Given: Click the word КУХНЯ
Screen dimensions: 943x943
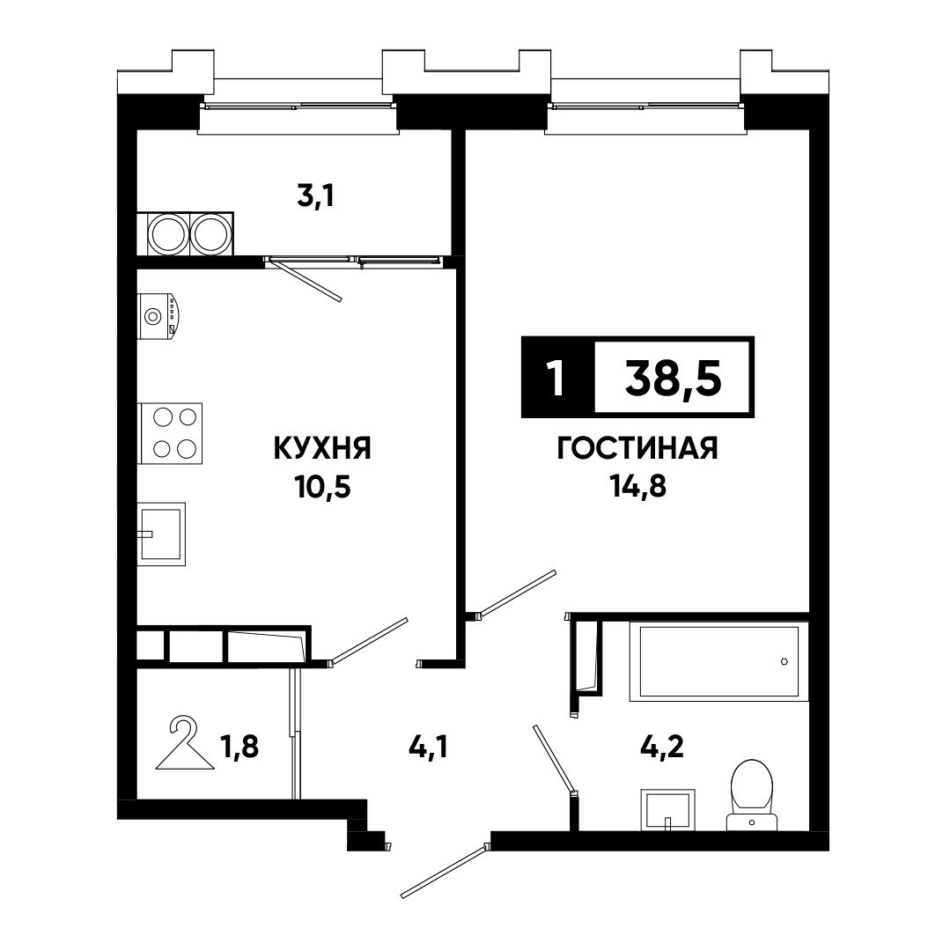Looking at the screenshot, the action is coord(322,449).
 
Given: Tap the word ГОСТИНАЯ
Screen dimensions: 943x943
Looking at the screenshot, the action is coord(637,449).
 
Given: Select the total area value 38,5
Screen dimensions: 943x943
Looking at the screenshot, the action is coord(673,379).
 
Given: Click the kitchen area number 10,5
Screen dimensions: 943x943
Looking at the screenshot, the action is coord(322,487).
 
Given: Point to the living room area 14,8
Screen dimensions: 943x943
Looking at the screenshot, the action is coord(638,486).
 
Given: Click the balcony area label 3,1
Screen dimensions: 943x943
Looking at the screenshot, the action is coord(316,196).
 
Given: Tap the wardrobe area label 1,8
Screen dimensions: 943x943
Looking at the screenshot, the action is coord(239,747).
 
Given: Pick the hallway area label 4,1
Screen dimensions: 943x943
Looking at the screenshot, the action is coord(428,748).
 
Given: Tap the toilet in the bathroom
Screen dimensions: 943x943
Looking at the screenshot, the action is coord(752,795).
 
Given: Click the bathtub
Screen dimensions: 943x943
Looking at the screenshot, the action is coord(718,661).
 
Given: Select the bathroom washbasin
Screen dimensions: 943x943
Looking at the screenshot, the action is coord(667,810).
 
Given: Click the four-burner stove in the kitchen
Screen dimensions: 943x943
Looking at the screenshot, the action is coord(170,433).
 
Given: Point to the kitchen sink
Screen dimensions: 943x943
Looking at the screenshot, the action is coord(161,534).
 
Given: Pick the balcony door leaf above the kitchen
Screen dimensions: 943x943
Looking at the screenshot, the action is coord(305,280).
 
